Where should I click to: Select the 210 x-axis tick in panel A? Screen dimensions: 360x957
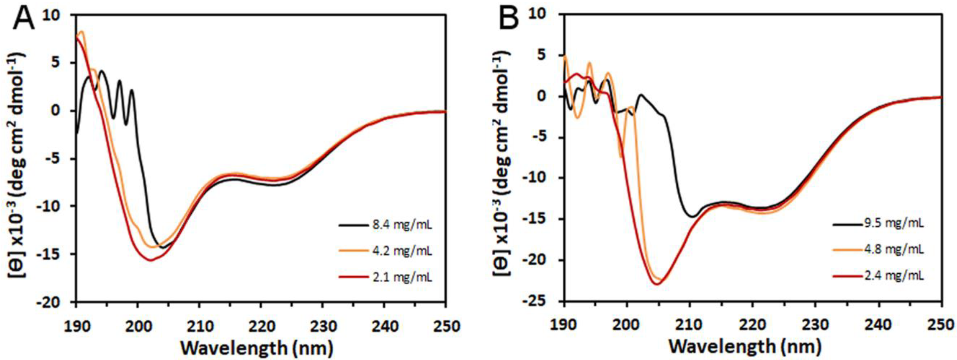tap(199, 326)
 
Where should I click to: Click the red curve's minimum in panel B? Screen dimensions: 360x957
tap(657, 284)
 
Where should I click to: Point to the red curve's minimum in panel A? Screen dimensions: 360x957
tap(151, 260)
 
